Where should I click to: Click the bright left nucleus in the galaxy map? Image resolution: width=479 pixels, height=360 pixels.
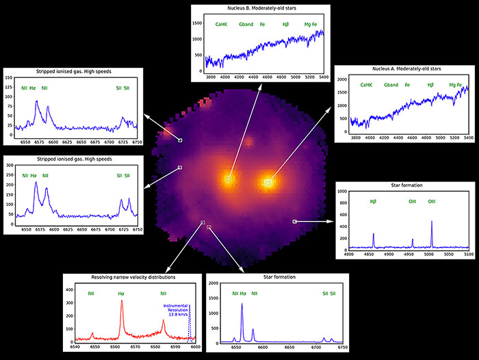coord(229,179)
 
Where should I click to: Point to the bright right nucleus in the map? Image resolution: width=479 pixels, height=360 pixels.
coord(268,183)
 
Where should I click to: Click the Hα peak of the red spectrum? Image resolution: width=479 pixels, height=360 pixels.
coord(122,302)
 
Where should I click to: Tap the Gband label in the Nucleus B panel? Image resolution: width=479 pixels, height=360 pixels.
coord(246,25)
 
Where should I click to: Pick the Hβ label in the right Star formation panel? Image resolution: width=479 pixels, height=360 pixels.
coord(373,201)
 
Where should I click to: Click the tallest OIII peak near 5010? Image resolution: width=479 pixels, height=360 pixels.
coord(432,222)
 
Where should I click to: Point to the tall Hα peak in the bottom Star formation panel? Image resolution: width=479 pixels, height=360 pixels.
coord(242,305)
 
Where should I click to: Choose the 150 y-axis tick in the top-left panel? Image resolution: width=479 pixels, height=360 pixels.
coord(10,77)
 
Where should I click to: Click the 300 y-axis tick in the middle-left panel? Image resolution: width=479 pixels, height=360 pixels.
coord(10,166)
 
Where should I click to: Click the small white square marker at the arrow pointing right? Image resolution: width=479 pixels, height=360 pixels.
coord(294,221)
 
